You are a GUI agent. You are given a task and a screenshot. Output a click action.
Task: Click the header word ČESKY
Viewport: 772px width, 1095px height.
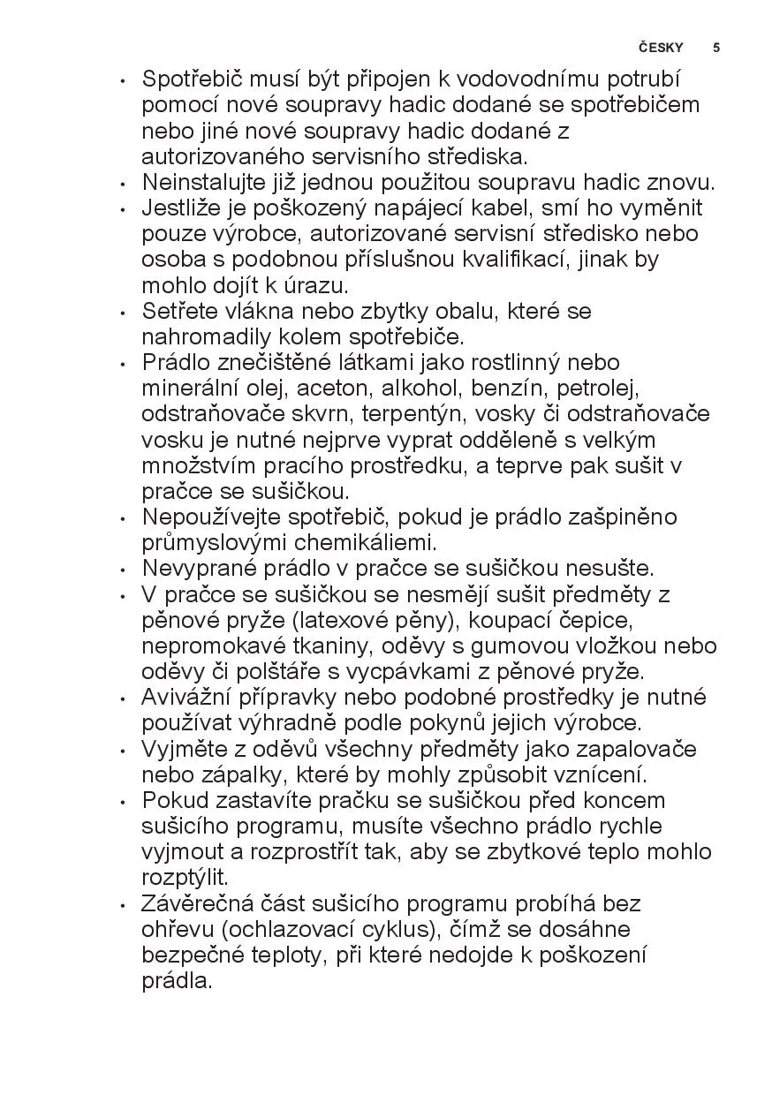pyautogui.click(x=661, y=48)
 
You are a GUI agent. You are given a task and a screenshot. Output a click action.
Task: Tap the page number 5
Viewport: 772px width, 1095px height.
pyautogui.click(x=716, y=48)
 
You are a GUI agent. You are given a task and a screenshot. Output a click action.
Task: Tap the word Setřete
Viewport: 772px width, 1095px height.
pyautogui.click(x=177, y=311)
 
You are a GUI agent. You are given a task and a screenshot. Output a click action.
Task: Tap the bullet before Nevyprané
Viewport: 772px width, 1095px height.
pyautogui.click(x=122, y=570)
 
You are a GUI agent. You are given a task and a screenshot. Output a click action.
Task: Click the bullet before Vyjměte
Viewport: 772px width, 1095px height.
pyautogui.click(x=122, y=750)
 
